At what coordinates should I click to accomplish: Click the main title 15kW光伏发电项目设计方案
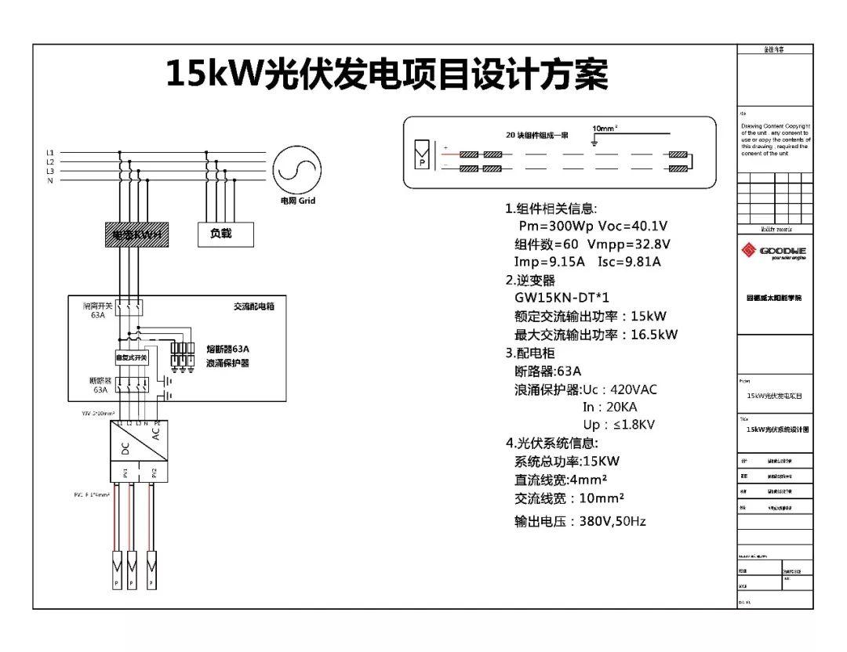(387, 74)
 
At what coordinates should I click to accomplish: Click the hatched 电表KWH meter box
(136, 234)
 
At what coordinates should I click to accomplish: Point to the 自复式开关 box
(131, 357)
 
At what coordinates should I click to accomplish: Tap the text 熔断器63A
(234, 349)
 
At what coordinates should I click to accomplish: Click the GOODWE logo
(773, 251)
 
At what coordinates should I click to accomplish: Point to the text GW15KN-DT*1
(562, 298)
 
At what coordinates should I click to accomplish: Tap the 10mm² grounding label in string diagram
(605, 128)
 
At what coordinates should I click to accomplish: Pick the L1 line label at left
(50, 152)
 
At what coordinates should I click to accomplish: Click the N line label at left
(50, 181)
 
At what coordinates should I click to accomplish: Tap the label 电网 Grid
(298, 201)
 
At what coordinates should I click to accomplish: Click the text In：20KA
(610, 407)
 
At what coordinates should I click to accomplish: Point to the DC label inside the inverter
(125, 448)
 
